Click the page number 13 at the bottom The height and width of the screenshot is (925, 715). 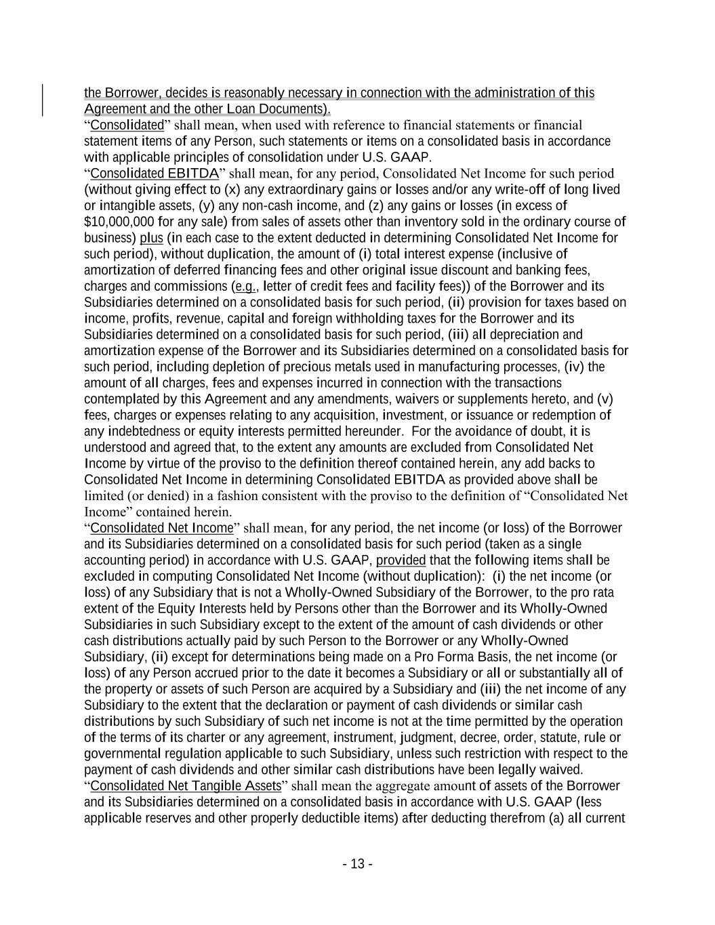357,864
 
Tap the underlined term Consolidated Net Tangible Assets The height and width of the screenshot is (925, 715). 185,786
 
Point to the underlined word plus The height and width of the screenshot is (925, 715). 151,239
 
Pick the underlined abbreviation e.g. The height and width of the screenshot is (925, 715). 245,287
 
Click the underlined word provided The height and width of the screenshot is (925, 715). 401,560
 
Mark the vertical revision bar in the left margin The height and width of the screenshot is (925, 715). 44,100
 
